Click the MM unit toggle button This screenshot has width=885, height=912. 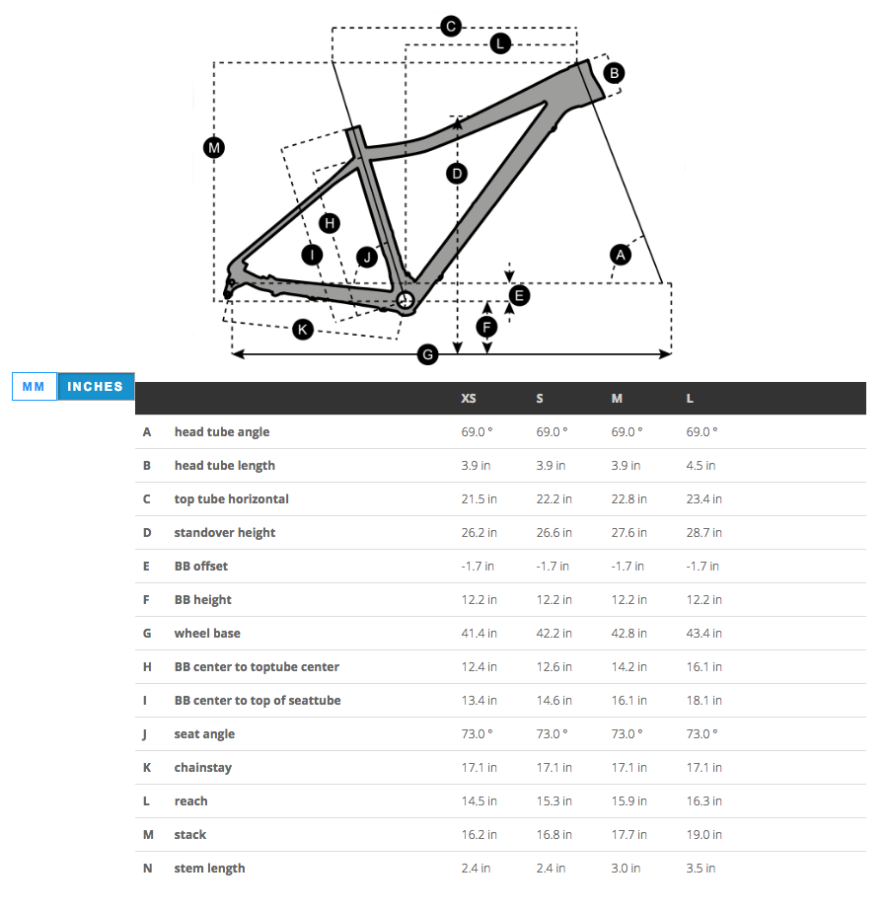pyautogui.click(x=35, y=386)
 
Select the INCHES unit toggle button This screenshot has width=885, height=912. pyautogui.click(x=95, y=386)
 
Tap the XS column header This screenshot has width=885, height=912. pyautogui.click(x=469, y=399)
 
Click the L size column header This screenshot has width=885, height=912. pyautogui.click(x=691, y=399)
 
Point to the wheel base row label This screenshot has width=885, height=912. pyautogui.click(x=207, y=634)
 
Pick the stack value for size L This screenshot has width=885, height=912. pyautogui.click(x=703, y=835)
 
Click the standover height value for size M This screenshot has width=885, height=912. pyautogui.click(x=628, y=533)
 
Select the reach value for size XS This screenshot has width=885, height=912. pyautogui.click(x=479, y=801)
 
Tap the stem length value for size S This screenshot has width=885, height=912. pyautogui.click(x=551, y=869)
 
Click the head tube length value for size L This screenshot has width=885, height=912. pyautogui.click(x=701, y=466)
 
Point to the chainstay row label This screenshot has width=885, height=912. pyautogui.click(x=203, y=768)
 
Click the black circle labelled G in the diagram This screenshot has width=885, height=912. pyautogui.click(x=427, y=353)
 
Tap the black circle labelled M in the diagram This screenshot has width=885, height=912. pyautogui.click(x=214, y=148)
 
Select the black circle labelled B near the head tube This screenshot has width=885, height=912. pyautogui.click(x=614, y=72)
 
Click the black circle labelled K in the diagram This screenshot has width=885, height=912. pyautogui.click(x=303, y=329)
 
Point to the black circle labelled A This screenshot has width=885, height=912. pyautogui.click(x=620, y=255)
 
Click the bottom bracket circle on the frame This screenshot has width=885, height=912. pyautogui.click(x=405, y=298)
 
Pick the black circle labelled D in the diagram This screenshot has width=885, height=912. pyautogui.click(x=456, y=174)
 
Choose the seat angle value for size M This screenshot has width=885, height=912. pyautogui.click(x=627, y=734)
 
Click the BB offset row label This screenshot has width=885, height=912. pyautogui.click(x=201, y=567)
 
